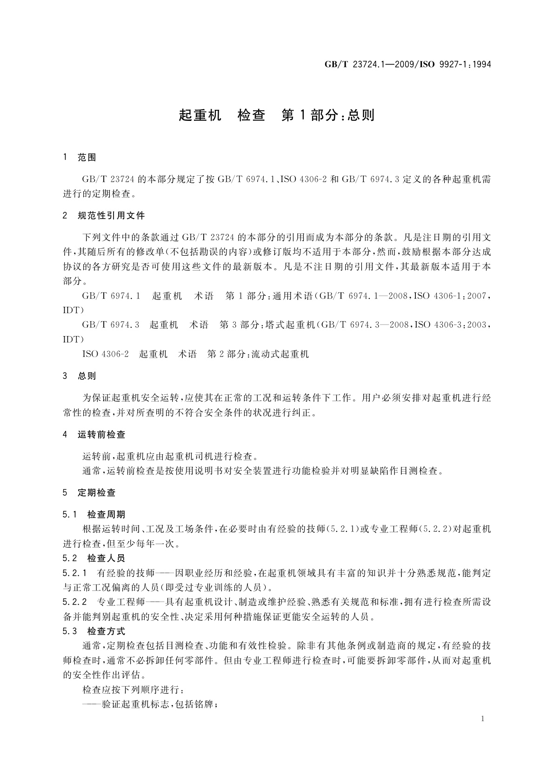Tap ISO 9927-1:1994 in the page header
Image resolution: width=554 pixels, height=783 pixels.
point(458,64)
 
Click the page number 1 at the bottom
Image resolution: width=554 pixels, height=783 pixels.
point(483,719)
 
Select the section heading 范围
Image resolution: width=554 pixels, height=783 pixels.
point(87,158)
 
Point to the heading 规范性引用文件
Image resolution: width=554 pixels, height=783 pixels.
point(111,216)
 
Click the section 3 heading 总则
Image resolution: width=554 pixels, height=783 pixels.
point(87,376)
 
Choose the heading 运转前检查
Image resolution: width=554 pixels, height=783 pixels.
point(101,435)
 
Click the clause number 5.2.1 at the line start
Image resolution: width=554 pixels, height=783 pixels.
point(75,573)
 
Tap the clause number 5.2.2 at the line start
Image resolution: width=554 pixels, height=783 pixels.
point(75,602)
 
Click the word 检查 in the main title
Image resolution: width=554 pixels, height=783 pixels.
point(251,115)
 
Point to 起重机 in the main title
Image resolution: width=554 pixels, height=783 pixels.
point(200,115)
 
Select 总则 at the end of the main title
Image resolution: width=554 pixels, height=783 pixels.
point(361,115)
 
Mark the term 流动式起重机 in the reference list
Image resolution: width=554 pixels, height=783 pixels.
point(280,354)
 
